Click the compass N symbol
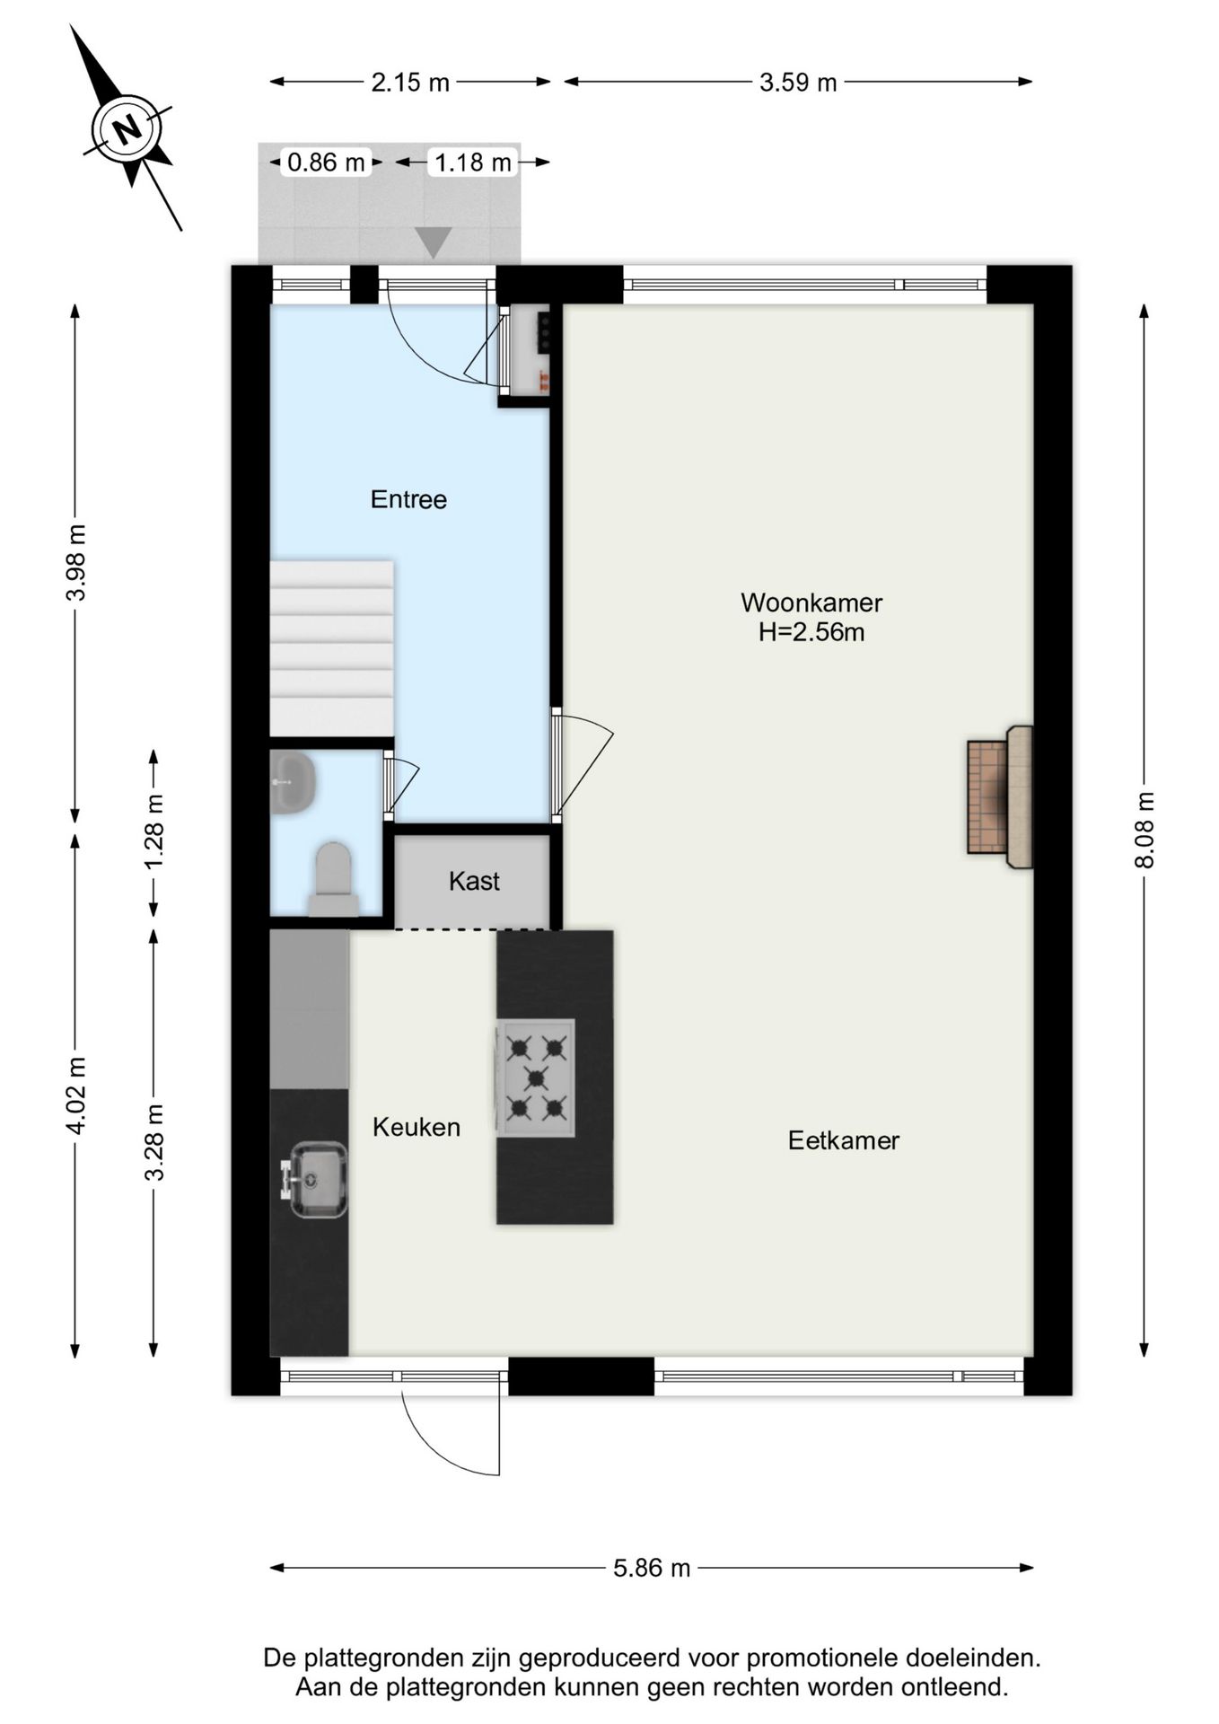point(128,128)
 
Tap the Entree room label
point(408,499)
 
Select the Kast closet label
point(474,881)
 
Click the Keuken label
point(417,1127)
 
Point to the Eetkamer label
point(844,1140)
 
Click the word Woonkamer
point(811,603)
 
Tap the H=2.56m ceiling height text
point(811,632)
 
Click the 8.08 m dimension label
point(1144,830)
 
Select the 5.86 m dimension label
point(652,1568)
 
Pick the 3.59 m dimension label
point(798,83)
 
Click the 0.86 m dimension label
point(326,163)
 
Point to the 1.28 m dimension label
point(154,831)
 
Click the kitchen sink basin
point(312,1179)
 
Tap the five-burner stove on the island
point(536,1077)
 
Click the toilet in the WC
point(333,880)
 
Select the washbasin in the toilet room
point(293,782)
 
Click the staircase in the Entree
point(332,648)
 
